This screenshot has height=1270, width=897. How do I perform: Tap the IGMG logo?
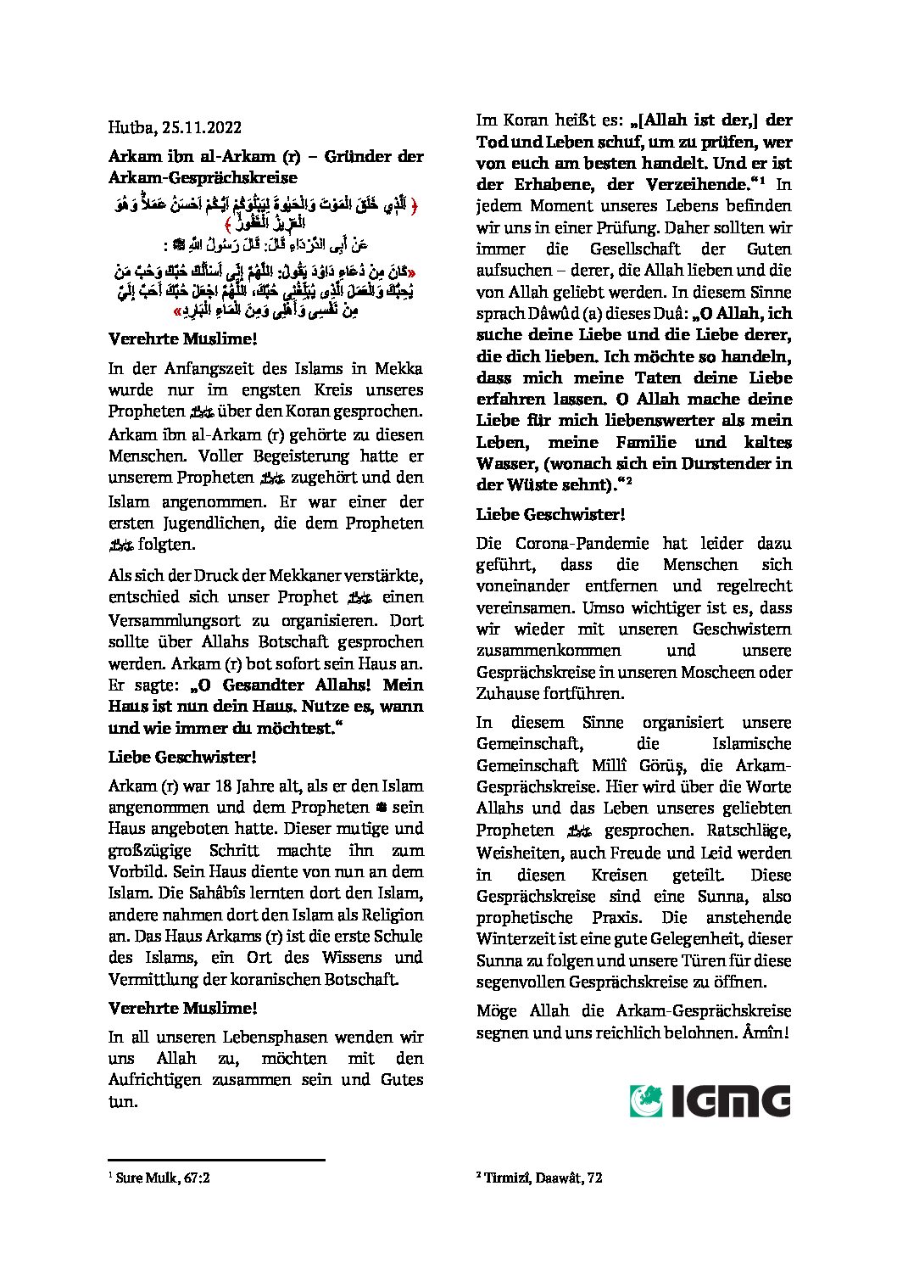click(x=710, y=1101)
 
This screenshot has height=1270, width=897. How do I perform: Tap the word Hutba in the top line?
click(x=127, y=128)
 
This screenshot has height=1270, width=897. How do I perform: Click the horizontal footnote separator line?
click(x=216, y=1160)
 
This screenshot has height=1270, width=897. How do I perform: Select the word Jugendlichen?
click(x=209, y=523)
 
